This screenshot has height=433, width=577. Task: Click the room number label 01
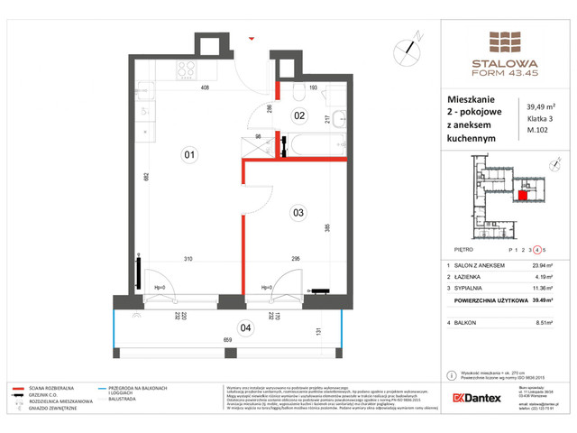(x=189, y=154)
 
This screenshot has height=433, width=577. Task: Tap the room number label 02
(x=299, y=115)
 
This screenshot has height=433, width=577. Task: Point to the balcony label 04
(x=245, y=327)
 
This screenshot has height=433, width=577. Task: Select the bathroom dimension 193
(x=315, y=88)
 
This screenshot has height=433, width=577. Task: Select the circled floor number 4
(x=537, y=249)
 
